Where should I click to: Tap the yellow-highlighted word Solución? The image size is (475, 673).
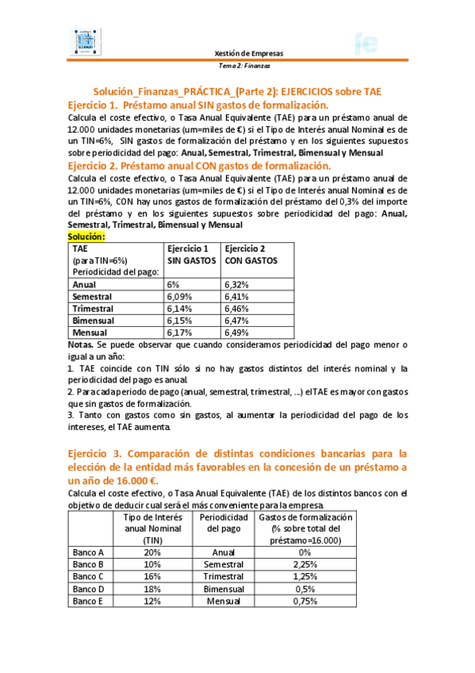coord(86,237)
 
